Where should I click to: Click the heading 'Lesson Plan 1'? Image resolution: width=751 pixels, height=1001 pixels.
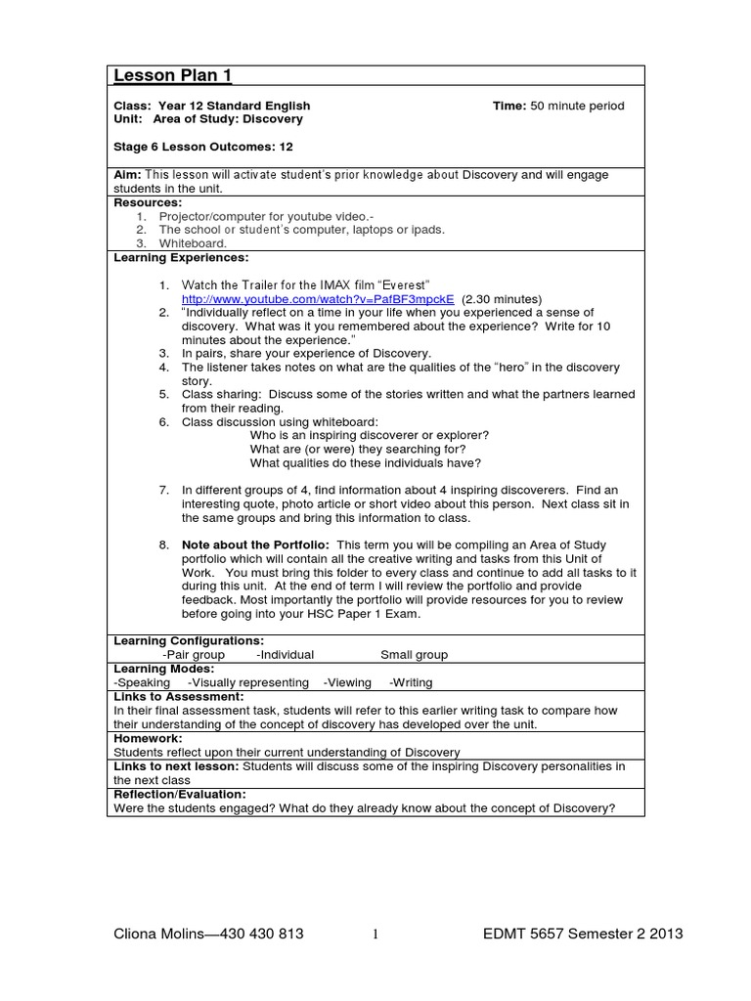point(173,77)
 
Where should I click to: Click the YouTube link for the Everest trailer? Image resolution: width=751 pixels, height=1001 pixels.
point(318,298)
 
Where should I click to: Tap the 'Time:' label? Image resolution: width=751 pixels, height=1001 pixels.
point(509,106)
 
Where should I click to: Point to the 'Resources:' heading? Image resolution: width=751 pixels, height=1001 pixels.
point(149,202)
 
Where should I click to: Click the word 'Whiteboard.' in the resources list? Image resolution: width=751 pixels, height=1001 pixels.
point(194,243)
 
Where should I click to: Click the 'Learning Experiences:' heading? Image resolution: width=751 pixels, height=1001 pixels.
point(182,257)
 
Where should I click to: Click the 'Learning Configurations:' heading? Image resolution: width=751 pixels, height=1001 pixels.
point(190,640)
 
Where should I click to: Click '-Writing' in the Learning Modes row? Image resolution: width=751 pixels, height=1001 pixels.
point(411,682)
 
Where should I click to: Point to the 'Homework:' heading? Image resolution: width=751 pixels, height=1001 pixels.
point(148,739)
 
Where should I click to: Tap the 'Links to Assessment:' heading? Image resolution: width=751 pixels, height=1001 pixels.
point(178,696)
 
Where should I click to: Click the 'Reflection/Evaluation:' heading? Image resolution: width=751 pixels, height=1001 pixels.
point(180,795)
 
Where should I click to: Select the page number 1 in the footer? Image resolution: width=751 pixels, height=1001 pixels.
point(375,936)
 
